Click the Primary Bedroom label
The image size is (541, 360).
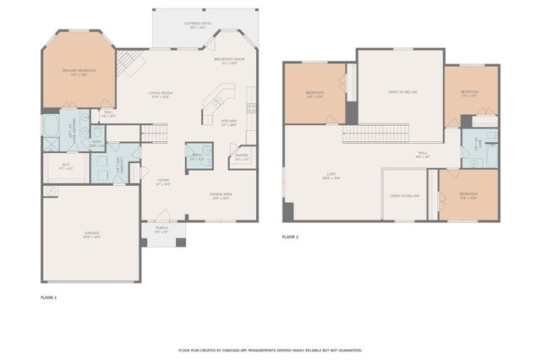(79, 72)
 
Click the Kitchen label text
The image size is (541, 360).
(229, 122)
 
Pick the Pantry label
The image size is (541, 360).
(242, 155)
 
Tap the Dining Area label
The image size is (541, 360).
(221, 196)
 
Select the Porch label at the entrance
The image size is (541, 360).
(161, 229)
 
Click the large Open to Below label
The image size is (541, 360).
(400, 91)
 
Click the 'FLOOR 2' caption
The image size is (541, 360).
(290, 237)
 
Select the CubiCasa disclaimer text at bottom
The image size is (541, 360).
(270, 349)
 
